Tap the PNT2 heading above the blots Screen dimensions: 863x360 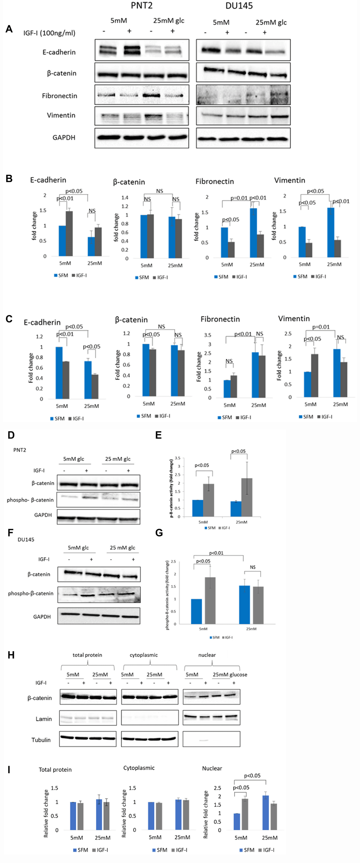(141, 6)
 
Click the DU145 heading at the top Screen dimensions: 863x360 (239, 6)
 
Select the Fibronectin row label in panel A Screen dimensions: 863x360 (59, 96)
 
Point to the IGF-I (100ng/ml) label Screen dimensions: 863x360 (49, 33)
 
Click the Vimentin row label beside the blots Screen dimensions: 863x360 (61, 115)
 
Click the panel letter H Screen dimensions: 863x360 (11, 655)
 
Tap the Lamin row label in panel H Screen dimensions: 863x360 (43, 719)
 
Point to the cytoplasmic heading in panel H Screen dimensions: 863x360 (143, 655)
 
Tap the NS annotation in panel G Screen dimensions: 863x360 (253, 567)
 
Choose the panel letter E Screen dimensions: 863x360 (159, 435)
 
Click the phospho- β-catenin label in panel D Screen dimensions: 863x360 (30, 500)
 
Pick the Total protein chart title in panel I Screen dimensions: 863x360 (55, 769)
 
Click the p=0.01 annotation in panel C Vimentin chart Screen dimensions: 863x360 (321, 327)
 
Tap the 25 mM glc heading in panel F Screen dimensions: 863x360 (122, 548)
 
